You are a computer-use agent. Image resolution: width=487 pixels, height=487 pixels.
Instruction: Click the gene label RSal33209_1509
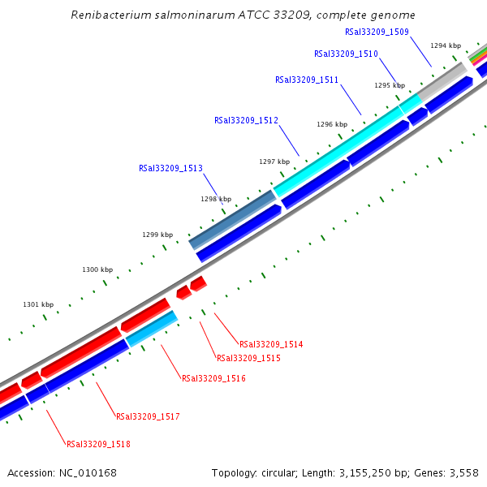point(377,32)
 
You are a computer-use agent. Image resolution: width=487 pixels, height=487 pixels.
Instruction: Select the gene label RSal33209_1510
point(346,54)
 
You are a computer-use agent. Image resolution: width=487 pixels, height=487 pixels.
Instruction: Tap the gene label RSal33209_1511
point(307,80)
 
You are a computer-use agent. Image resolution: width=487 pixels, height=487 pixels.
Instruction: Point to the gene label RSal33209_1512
point(246,121)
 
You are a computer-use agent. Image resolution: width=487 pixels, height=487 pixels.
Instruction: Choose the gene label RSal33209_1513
point(170,169)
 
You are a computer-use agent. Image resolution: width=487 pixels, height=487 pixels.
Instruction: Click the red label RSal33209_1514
point(271,345)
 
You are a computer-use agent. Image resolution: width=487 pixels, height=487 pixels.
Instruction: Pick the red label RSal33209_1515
point(248,359)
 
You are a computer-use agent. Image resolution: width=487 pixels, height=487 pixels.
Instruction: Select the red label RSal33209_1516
point(213,379)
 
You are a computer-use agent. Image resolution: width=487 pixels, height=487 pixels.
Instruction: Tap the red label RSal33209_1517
point(148,417)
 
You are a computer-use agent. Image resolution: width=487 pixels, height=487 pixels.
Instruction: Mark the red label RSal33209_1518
point(98,445)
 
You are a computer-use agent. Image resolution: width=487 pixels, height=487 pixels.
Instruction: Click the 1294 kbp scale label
point(446,46)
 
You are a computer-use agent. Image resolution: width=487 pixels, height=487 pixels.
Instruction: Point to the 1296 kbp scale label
point(332,125)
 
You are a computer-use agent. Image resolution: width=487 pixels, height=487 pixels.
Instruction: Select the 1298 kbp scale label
point(216,199)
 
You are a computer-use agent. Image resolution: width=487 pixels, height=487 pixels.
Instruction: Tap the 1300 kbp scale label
point(97,269)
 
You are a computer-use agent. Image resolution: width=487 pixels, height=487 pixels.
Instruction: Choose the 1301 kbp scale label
point(38,305)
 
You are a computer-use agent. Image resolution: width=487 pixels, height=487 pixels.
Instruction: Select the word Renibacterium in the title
point(112,15)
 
